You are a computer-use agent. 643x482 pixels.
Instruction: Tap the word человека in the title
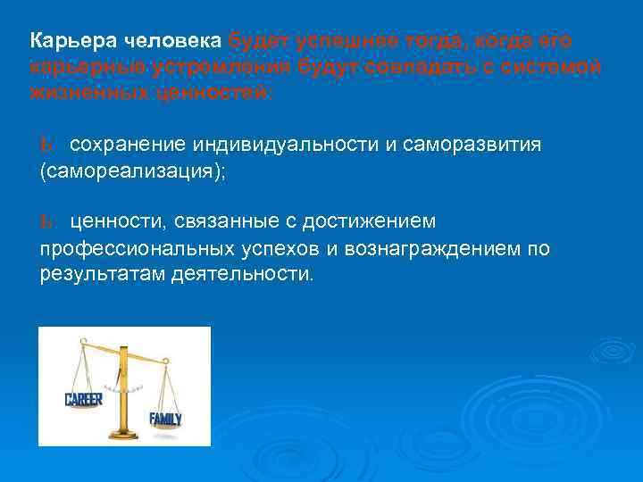pyautogui.click(x=169, y=41)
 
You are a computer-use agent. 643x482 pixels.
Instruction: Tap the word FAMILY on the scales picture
pyautogui.click(x=165, y=418)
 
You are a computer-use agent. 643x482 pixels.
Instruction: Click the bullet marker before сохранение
pyautogui.click(x=46, y=145)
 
